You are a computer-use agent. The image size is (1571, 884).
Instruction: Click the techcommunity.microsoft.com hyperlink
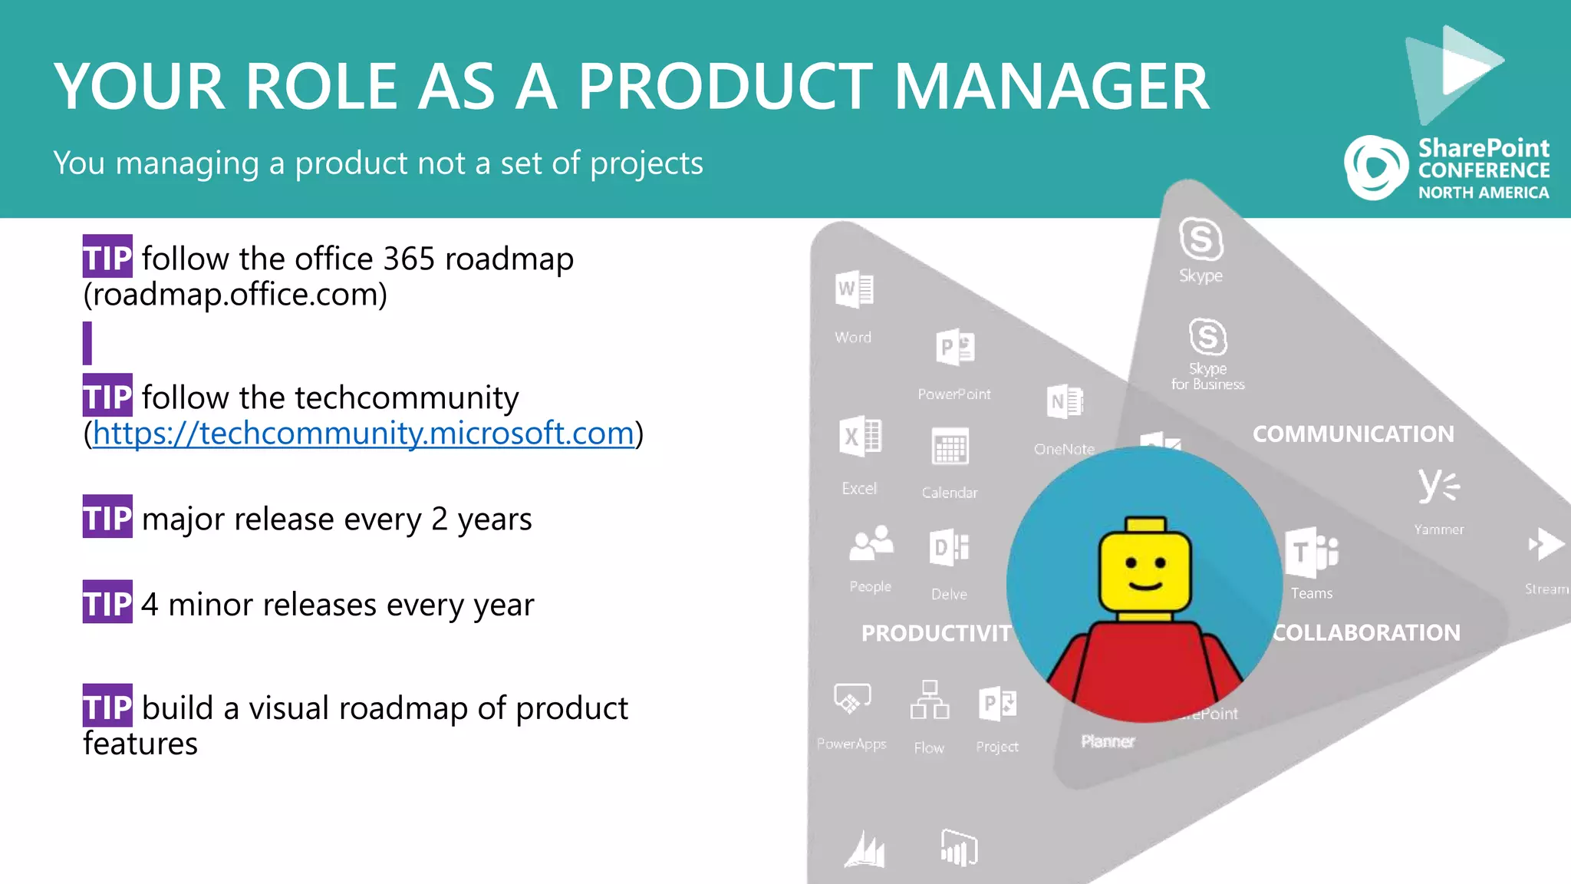click(x=363, y=434)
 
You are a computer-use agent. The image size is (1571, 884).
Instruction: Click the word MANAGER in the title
click(x=1051, y=87)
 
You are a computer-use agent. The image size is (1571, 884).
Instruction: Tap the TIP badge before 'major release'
click(x=107, y=516)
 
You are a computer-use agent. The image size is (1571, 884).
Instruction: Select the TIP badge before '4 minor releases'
click(x=107, y=602)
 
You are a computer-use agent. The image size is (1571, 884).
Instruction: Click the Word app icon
click(x=854, y=289)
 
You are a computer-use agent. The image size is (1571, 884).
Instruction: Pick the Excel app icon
click(x=860, y=437)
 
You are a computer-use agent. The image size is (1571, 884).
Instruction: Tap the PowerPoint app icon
click(x=955, y=348)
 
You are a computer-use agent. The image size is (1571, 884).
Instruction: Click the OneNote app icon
click(x=1065, y=401)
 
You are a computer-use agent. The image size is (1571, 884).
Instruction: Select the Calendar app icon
click(x=950, y=447)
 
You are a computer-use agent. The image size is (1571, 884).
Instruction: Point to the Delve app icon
click(x=949, y=547)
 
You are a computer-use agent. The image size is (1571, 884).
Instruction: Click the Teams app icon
click(x=1311, y=552)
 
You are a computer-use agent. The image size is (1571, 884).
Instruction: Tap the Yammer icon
click(x=1438, y=486)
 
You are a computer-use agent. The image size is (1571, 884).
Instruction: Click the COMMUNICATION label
click(x=1353, y=434)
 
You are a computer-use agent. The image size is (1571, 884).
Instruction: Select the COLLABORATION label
click(x=1366, y=633)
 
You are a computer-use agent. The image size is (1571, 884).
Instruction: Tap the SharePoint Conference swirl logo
click(x=1375, y=168)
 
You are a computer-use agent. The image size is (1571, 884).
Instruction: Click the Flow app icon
click(x=929, y=700)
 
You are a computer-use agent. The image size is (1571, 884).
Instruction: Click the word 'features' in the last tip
click(x=140, y=744)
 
